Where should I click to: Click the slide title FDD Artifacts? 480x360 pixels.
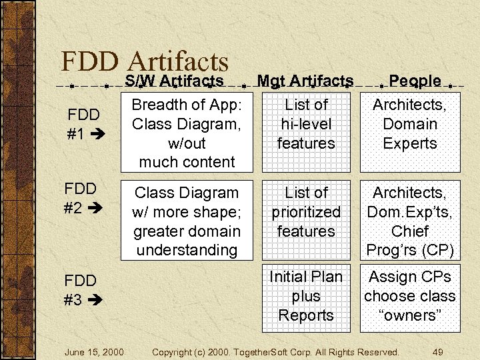click(x=145, y=61)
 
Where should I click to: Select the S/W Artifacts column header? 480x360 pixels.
click(x=174, y=81)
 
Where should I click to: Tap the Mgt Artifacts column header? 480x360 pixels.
click(x=305, y=81)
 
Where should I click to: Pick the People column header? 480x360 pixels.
click(x=415, y=81)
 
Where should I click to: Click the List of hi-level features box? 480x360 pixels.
click(x=306, y=133)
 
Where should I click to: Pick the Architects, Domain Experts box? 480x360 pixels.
click(x=410, y=133)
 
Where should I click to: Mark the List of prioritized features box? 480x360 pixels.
click(x=306, y=220)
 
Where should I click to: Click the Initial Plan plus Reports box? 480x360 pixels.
click(x=306, y=296)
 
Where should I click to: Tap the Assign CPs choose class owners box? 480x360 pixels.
click(x=410, y=296)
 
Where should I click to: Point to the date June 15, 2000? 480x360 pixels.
click(x=94, y=351)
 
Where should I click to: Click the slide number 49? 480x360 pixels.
click(x=438, y=351)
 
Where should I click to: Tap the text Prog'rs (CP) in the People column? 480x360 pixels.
click(x=410, y=250)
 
